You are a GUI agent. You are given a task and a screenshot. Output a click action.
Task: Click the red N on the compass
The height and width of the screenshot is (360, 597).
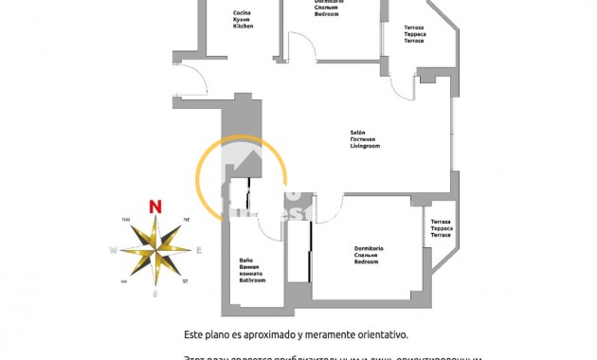click(155, 206)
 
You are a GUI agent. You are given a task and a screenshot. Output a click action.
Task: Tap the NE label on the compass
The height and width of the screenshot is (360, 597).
click(187, 220)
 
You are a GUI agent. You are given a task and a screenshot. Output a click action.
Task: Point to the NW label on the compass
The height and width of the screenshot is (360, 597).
click(125, 220)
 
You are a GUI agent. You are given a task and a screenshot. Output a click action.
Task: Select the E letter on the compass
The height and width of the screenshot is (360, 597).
click(199, 251)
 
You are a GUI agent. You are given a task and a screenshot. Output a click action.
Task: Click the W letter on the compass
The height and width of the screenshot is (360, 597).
click(113, 251)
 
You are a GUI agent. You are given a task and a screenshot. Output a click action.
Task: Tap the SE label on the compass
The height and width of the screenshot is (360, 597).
click(185, 281)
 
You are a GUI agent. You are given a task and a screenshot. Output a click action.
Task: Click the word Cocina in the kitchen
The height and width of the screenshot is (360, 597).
click(243, 12)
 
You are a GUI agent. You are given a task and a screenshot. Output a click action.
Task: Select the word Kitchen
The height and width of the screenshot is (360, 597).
click(244, 27)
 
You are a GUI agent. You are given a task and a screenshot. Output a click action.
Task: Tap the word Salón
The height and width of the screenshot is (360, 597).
click(357, 133)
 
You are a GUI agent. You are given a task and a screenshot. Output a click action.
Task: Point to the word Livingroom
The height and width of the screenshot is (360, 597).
click(365, 147)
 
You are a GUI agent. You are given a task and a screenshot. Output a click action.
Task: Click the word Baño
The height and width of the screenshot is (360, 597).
click(245, 261)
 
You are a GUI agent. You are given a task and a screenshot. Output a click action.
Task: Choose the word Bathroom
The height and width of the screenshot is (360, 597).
click(252, 280)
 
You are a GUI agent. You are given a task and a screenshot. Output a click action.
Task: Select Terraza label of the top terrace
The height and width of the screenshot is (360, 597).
click(414, 28)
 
